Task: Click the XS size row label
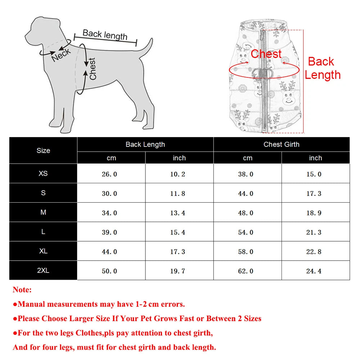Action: pyautogui.click(x=43, y=174)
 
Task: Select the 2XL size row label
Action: pyautogui.click(x=43, y=270)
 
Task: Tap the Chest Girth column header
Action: pyautogui.click(x=281, y=144)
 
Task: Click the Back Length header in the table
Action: pyautogui.click(x=145, y=144)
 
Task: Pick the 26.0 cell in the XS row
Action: pyautogui.click(x=109, y=174)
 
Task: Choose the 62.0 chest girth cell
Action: pyautogui.click(x=246, y=271)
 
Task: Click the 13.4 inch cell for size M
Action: pyautogui.click(x=177, y=213)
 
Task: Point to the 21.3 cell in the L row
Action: pyautogui.click(x=314, y=233)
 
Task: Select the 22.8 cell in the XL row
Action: pyautogui.click(x=314, y=252)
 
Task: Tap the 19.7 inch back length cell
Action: pyautogui.click(x=177, y=271)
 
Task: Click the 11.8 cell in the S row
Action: pyautogui.click(x=177, y=194)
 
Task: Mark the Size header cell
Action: pyautogui.click(x=43, y=150)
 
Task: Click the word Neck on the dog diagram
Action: pyautogui.click(x=61, y=55)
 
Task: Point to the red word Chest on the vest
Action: pyautogui.click(x=266, y=54)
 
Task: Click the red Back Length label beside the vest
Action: pyautogui.click(x=322, y=68)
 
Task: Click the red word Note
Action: pyautogui.click(x=22, y=290)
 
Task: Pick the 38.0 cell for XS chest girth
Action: pyautogui.click(x=246, y=174)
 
